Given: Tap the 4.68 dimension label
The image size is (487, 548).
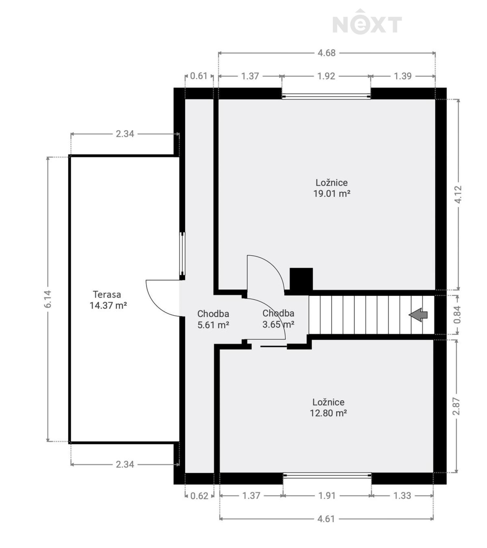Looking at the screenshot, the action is [326, 53].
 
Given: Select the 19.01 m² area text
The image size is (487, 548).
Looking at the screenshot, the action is [332, 194].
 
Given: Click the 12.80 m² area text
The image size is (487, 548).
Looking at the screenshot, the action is [328, 413].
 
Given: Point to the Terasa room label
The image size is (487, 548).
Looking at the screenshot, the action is [107, 295].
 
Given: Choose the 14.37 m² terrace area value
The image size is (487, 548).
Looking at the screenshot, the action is [108, 305].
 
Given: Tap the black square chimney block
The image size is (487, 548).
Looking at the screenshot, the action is [301, 279].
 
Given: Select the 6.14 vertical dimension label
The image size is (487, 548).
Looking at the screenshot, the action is [48, 299].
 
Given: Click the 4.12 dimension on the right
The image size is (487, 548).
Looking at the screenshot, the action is [458, 194].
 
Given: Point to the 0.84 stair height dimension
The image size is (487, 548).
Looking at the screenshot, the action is [457, 314].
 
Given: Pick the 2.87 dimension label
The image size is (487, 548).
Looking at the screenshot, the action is [456, 406].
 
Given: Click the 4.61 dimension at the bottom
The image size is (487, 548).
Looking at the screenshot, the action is [326, 519].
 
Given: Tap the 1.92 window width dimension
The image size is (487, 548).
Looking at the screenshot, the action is [326, 76].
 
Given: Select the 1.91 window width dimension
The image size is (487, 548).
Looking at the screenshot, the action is [326, 496].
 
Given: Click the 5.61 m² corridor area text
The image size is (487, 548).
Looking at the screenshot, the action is [213, 325].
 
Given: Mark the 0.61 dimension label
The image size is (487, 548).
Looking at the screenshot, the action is [199, 76].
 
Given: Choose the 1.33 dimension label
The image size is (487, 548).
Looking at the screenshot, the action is [402, 496].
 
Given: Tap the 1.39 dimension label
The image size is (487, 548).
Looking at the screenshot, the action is [403, 76].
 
